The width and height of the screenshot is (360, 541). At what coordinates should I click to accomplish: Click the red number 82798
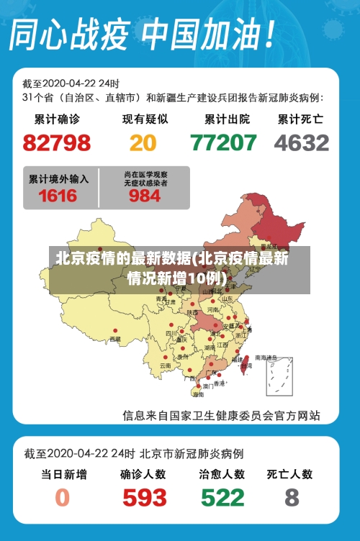[57, 142]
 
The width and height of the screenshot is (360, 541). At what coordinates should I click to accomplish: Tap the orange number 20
[143, 142]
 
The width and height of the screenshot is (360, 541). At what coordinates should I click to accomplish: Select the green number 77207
[223, 142]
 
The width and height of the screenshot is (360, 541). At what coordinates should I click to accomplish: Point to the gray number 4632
[302, 142]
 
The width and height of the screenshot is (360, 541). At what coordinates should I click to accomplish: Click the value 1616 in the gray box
[58, 195]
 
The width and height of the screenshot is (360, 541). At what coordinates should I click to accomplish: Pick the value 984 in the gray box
[145, 195]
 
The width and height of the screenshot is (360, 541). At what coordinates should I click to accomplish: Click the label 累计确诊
[57, 119]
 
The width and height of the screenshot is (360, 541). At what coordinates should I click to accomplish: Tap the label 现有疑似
[145, 119]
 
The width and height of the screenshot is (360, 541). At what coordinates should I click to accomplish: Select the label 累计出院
[227, 119]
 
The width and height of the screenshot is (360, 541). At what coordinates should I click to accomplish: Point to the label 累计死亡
[300, 119]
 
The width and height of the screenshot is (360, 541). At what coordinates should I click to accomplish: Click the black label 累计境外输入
[58, 178]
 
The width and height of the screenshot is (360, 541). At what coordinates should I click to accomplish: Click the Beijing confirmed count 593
[144, 497]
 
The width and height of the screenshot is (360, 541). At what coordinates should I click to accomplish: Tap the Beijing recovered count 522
[222, 497]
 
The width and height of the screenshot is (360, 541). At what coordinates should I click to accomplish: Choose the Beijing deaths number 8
[292, 497]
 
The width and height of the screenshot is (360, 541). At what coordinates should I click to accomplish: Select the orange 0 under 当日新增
[63, 497]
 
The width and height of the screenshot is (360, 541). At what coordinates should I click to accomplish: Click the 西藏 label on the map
[115, 339]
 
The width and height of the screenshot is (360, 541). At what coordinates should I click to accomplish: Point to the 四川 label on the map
[171, 333]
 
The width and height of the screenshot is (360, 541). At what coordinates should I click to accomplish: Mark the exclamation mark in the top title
[267, 34]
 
